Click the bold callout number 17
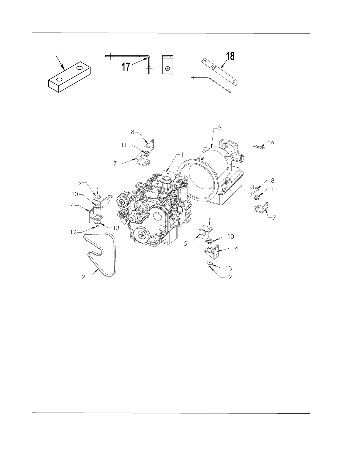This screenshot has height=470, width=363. coord(126,66)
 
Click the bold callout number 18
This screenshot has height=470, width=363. coord(230,56)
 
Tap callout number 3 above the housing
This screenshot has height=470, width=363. coord(219,128)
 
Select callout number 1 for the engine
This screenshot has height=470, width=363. coord(183,155)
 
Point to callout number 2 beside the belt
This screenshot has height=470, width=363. coord(83,277)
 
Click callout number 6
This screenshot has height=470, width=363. coord(273,142)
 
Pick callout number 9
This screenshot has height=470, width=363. coord(80,183)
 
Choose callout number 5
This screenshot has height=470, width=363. coord(185,244)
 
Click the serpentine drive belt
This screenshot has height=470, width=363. coord(101,254)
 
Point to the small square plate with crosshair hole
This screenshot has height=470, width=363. coord(168,64)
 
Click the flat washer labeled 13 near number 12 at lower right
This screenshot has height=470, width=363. coord(210,263)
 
